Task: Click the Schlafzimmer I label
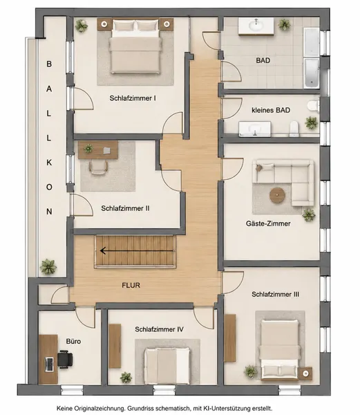[133, 98]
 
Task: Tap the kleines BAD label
[271, 110]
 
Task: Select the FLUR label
[131, 285]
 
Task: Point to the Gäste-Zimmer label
[268, 223]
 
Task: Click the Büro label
[73, 341]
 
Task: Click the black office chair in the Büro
[65, 359]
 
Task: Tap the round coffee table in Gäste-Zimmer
[277, 195]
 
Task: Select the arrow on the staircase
[137, 250]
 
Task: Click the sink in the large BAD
[256, 26]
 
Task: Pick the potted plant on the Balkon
[48, 267]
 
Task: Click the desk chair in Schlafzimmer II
[98, 168]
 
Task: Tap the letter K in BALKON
[49, 163]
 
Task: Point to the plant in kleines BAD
[311, 123]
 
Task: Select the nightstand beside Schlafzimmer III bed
[305, 373]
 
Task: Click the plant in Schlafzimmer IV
[126, 377]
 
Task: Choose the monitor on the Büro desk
[49, 365]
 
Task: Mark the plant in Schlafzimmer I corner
[81, 26]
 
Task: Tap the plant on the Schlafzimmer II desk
[88, 149]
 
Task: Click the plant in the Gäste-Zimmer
[309, 214]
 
